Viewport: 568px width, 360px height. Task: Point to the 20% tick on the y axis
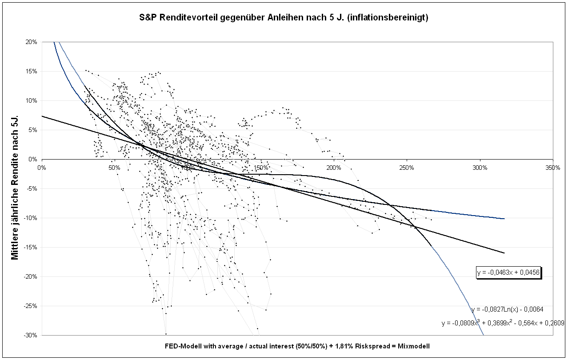[x=31, y=42]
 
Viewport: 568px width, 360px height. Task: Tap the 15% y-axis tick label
[x=31, y=71]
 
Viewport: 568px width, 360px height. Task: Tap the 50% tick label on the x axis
[x=114, y=168]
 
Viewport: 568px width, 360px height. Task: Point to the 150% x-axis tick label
[x=261, y=168]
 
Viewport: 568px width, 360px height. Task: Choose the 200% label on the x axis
[x=334, y=168]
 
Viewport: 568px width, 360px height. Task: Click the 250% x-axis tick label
[x=407, y=168]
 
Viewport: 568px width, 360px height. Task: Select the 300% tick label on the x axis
[x=480, y=168]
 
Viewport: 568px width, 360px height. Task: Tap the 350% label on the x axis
[x=553, y=168]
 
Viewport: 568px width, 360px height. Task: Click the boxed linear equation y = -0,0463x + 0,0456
[x=508, y=272]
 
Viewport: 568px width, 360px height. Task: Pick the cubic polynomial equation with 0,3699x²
[x=503, y=323]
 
